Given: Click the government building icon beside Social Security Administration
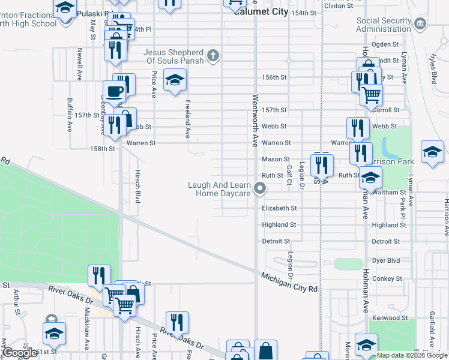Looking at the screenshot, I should coord(420,24).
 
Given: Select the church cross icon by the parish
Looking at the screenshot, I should coord(212,56).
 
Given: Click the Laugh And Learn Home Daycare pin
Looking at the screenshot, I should coord(260,189).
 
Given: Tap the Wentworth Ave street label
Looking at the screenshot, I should coord(255,120).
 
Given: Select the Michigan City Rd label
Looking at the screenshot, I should coord(289,281).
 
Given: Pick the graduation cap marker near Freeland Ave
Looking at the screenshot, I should coord(174,80).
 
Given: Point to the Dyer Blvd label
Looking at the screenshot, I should coord(386,262).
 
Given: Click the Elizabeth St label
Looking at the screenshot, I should coord(280,208).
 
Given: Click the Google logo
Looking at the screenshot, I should coord(20,353).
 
